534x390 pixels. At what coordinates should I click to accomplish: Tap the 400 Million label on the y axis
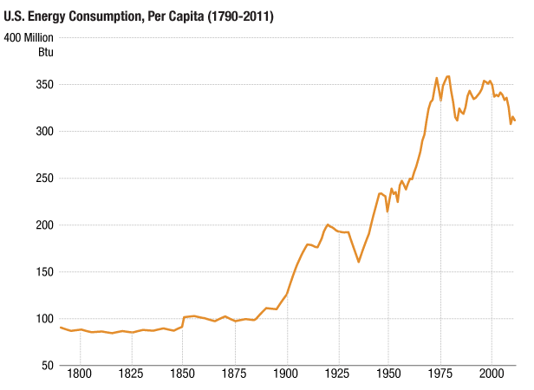(29, 37)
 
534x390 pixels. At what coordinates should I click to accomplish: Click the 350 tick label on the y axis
(44, 85)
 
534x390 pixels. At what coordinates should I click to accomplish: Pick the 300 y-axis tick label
(44, 132)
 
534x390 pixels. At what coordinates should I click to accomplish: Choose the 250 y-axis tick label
(44, 179)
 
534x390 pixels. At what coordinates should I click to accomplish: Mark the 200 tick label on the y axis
(44, 225)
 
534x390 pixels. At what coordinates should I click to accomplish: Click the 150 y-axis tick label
(44, 272)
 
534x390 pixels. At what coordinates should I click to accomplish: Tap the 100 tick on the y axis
(44, 319)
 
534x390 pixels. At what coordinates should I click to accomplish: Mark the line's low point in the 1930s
(359, 262)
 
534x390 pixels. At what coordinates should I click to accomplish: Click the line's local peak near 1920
(328, 224)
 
